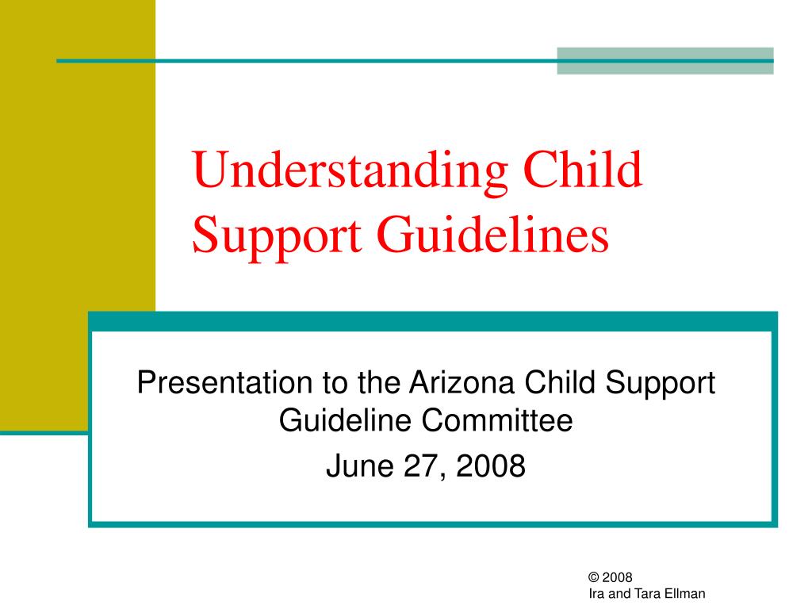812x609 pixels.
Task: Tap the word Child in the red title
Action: point(583,169)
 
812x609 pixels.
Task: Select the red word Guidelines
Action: point(492,236)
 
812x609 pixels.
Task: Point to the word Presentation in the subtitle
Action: point(224,382)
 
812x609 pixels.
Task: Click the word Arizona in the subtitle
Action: point(462,382)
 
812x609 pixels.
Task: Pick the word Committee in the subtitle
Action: point(497,420)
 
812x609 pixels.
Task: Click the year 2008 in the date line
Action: point(490,465)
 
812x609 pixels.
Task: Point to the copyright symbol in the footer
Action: point(593,577)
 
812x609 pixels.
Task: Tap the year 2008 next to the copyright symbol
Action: point(617,577)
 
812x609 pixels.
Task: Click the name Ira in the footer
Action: point(596,593)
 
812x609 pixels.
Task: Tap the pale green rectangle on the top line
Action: point(665,60)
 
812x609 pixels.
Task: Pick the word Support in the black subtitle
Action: point(660,383)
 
